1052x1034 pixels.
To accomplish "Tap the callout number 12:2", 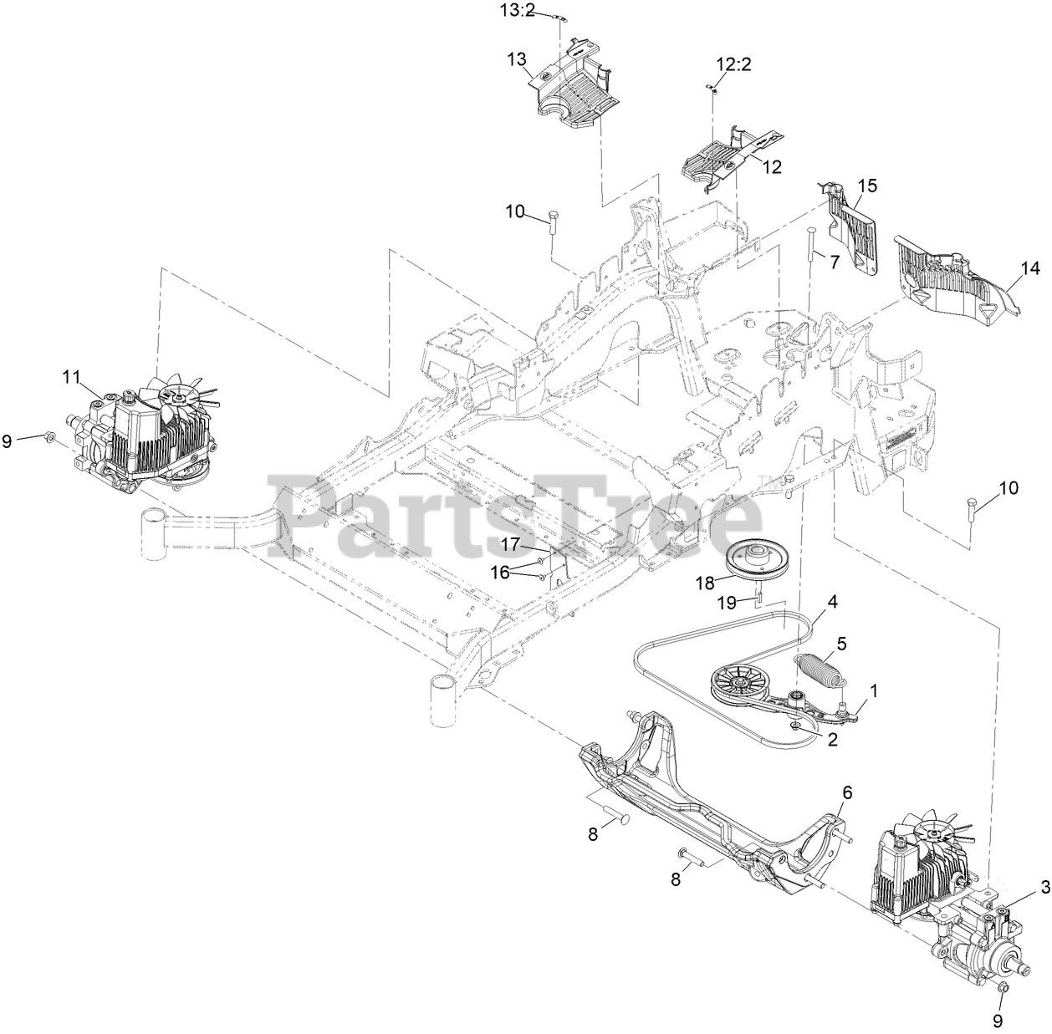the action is [x=733, y=64].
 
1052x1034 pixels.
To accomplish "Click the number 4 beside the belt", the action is [x=832, y=600].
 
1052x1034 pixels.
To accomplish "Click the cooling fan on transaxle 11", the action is [x=177, y=394].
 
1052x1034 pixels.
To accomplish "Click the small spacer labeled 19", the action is [x=758, y=598].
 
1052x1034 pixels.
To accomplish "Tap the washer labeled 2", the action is [x=801, y=728].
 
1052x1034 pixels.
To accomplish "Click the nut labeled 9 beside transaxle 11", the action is [x=49, y=436].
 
